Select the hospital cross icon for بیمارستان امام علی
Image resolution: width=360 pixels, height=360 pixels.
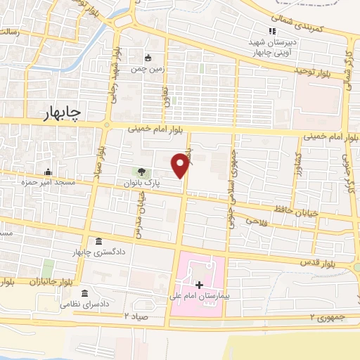200,285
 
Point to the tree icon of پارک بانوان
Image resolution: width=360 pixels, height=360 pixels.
142,172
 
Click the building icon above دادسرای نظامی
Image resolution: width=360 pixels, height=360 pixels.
85,292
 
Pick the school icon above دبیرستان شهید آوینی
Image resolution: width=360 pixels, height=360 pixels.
272,31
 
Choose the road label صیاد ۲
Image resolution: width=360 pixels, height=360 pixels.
138,316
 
